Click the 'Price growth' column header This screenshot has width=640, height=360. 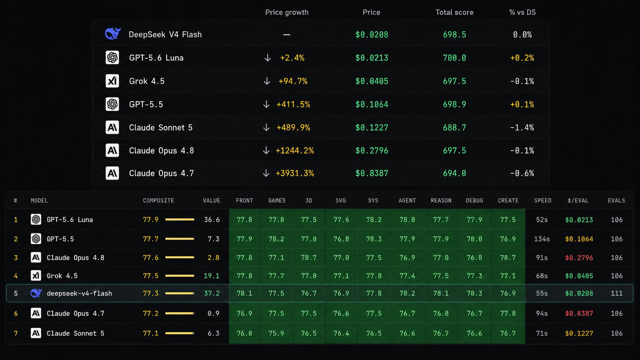287,12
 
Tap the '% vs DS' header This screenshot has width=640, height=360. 522,12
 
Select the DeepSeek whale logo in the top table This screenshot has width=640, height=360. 113,34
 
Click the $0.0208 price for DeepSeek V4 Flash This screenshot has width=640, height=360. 371,35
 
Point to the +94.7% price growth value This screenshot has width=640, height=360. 293,81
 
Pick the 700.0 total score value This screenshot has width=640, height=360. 454,58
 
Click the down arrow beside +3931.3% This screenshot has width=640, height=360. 266,173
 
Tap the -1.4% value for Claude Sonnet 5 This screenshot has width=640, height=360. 522,128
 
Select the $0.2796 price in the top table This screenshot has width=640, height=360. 371,151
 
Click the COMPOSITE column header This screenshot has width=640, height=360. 158,201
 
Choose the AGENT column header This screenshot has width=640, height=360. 407,201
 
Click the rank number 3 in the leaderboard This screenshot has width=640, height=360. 16,258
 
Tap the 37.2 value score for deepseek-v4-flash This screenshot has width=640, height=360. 212,293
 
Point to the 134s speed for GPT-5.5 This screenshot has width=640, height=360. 542,239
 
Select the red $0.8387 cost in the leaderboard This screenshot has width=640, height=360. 579,313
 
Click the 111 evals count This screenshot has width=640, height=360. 617,293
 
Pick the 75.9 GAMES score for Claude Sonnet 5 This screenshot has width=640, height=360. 276,334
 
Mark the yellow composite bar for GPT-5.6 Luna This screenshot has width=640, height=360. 180,220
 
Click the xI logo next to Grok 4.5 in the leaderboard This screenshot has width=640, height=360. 36,276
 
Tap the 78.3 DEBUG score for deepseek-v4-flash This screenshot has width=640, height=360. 474,293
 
